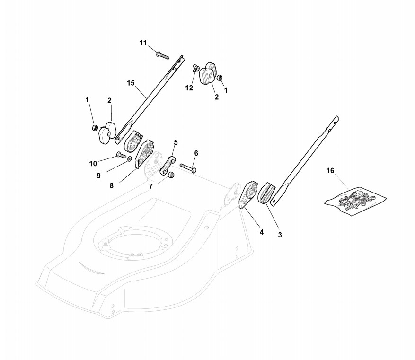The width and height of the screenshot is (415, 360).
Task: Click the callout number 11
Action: point(143,43)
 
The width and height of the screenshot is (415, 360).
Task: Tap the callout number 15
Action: point(131,83)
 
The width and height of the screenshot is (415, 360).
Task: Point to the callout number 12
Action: point(189,88)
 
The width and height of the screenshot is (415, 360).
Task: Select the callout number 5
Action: point(176,142)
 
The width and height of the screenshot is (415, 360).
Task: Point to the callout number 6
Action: point(196,153)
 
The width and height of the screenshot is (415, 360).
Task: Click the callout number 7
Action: point(151,186)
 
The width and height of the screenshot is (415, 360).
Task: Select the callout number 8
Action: point(112,186)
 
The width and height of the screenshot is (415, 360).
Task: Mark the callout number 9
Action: point(98,176)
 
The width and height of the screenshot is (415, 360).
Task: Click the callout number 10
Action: point(93,164)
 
